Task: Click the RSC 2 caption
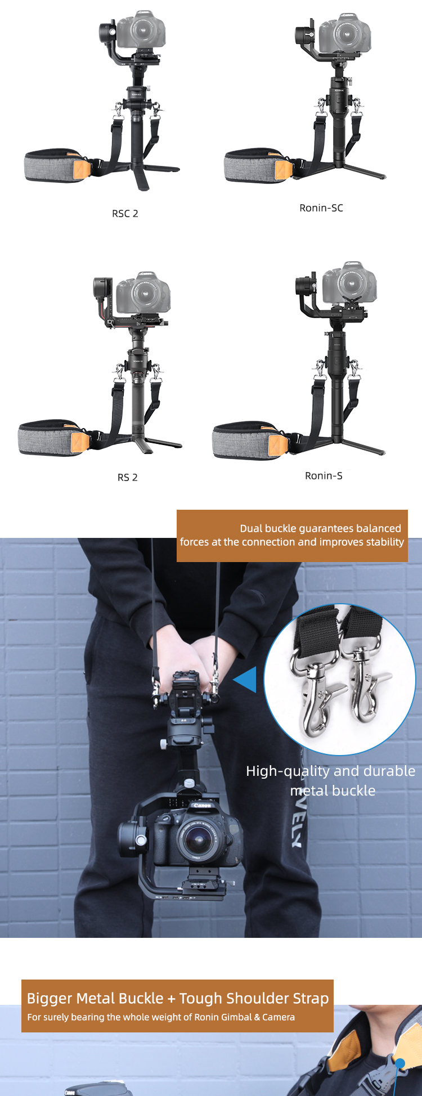click(x=125, y=214)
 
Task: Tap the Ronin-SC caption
click(x=321, y=208)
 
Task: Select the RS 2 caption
click(x=127, y=478)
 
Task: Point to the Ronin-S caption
click(x=324, y=476)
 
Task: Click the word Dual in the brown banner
click(x=251, y=528)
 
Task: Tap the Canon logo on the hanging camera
click(x=202, y=806)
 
